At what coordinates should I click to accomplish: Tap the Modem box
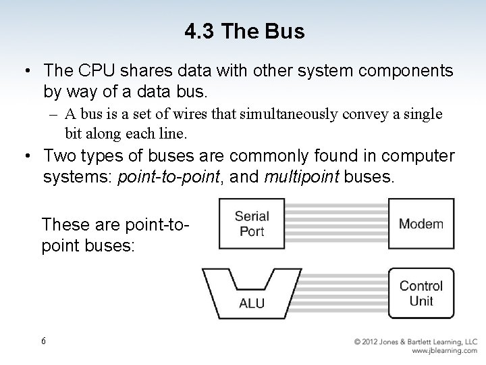coord(421,224)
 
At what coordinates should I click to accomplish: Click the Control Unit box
coord(421,293)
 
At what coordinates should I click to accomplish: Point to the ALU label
coord(252,303)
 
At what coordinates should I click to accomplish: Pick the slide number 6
coord(44,341)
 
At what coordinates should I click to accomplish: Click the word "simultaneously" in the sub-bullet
coord(295,114)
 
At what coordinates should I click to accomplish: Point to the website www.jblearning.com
coord(443,351)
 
